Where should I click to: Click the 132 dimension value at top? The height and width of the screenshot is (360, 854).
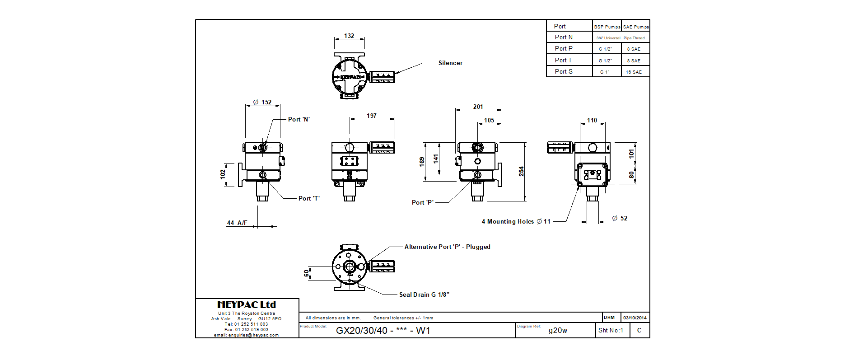click(349, 36)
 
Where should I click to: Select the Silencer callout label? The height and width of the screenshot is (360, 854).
click(450, 63)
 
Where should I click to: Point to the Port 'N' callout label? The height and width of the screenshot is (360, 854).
click(299, 120)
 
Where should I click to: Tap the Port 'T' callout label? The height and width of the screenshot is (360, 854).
click(309, 199)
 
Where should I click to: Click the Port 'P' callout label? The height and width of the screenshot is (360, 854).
click(423, 203)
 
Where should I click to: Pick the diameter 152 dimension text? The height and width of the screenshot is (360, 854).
click(262, 103)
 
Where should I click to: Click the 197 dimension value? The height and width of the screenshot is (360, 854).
click(372, 116)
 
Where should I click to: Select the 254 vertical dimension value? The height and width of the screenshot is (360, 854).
click(521, 171)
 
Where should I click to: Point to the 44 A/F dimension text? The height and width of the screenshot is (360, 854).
click(237, 223)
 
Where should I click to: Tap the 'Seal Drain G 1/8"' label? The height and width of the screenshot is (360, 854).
click(424, 295)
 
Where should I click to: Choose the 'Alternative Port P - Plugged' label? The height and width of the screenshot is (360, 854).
click(447, 247)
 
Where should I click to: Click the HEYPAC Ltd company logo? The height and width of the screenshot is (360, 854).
click(247, 305)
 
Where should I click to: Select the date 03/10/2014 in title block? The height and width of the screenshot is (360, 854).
click(635, 318)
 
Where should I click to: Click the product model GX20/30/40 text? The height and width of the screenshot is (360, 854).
click(383, 331)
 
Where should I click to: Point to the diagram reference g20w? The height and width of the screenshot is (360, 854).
click(558, 331)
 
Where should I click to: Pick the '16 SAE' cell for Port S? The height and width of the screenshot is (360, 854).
click(634, 72)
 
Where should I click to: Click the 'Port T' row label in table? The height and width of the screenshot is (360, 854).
click(563, 61)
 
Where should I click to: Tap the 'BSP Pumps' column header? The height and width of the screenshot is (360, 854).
click(607, 27)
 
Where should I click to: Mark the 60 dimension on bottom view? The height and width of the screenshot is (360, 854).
click(307, 273)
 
